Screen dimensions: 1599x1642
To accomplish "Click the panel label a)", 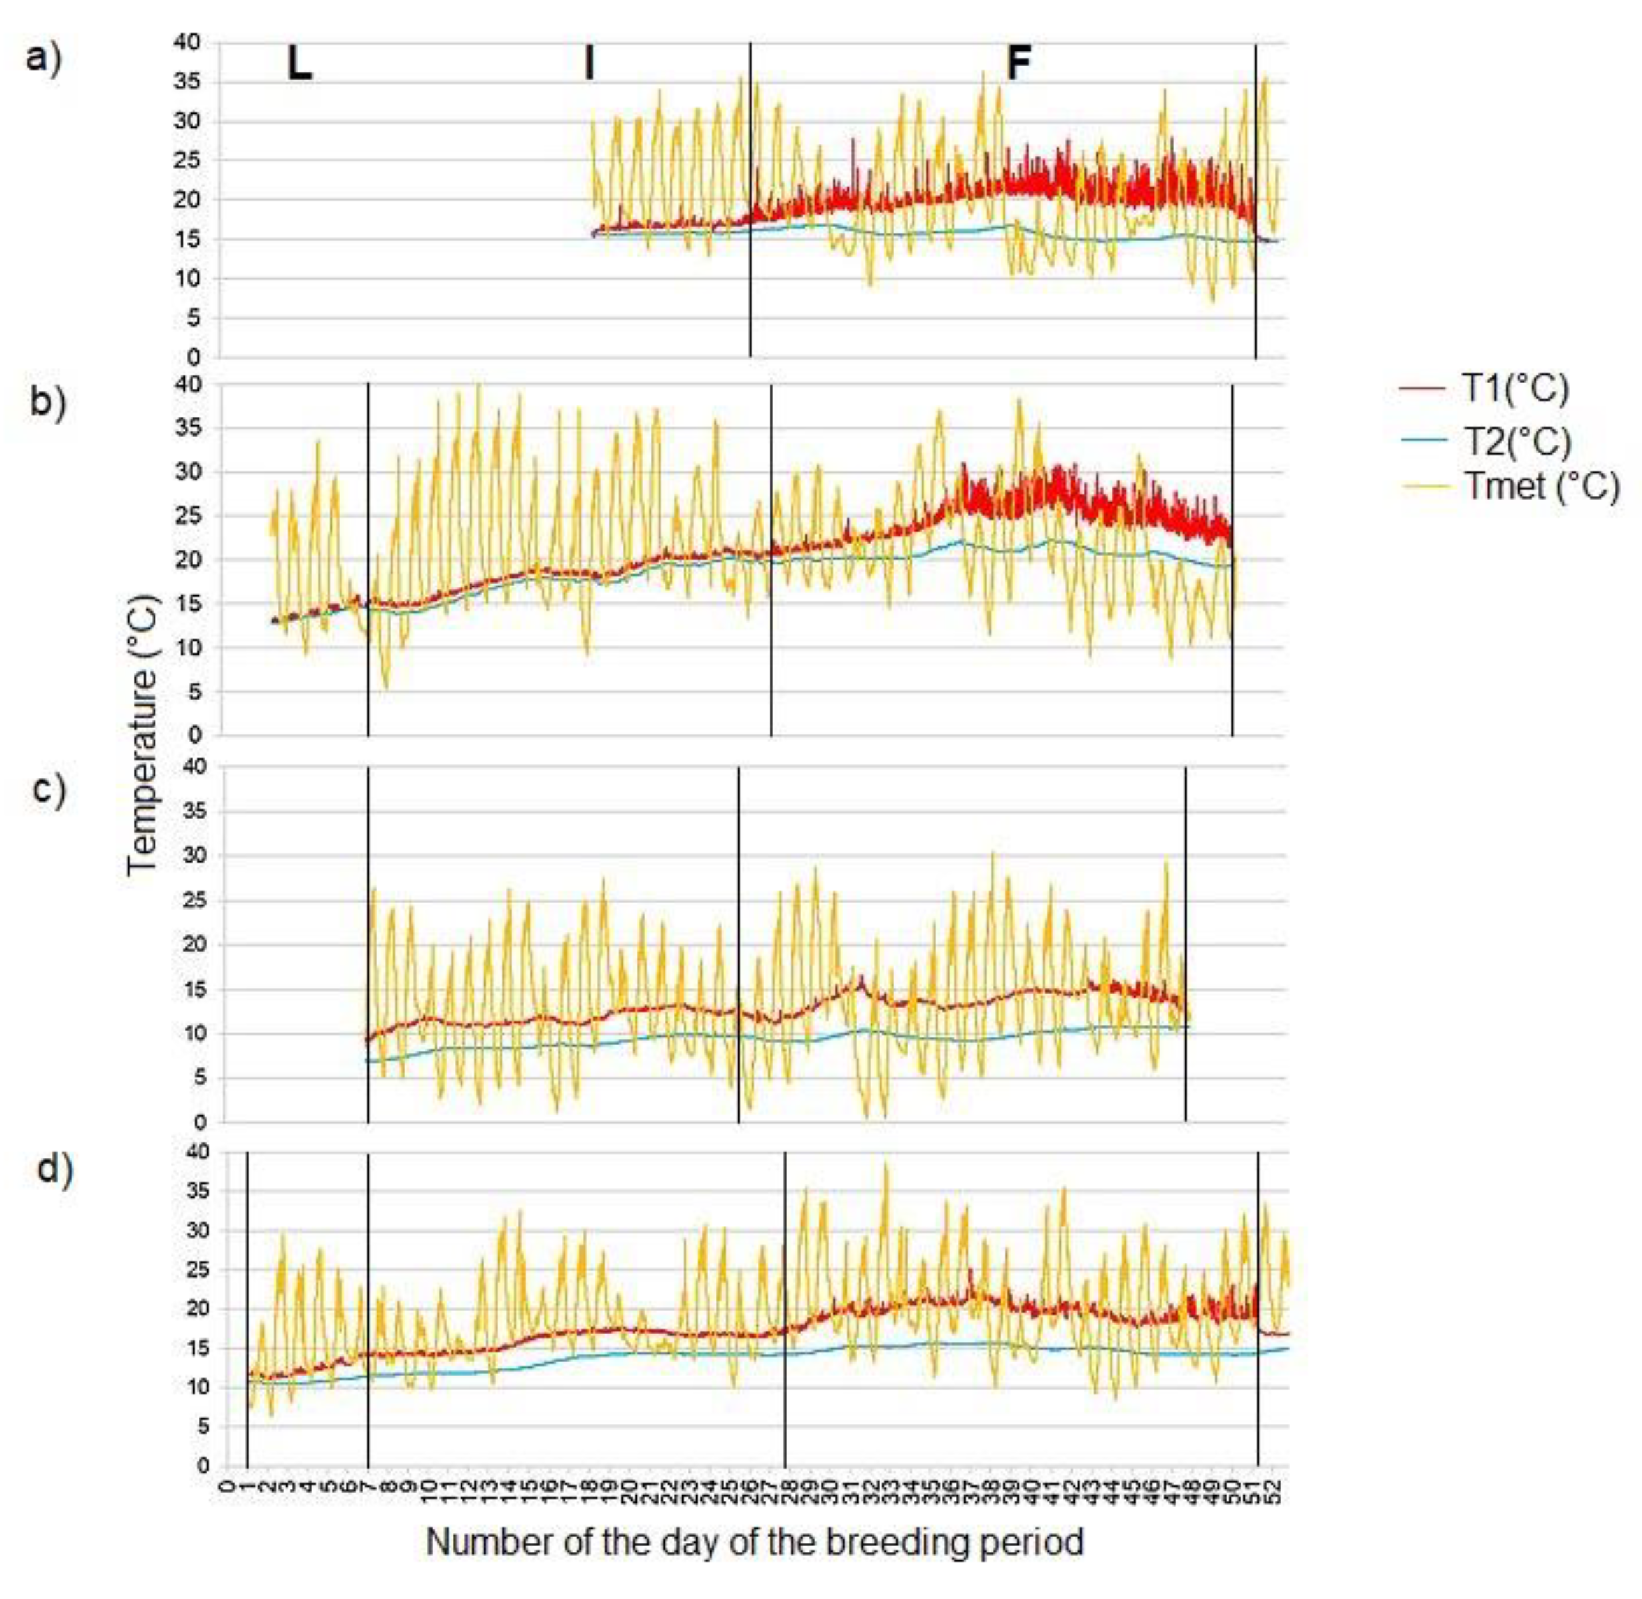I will [44, 60].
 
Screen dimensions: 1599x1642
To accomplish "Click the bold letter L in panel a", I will [300, 64].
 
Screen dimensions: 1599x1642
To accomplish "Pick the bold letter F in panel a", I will [1018, 64].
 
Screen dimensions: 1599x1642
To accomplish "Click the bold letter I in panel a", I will [589, 64].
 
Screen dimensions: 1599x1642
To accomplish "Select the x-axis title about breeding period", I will [754, 1542].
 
